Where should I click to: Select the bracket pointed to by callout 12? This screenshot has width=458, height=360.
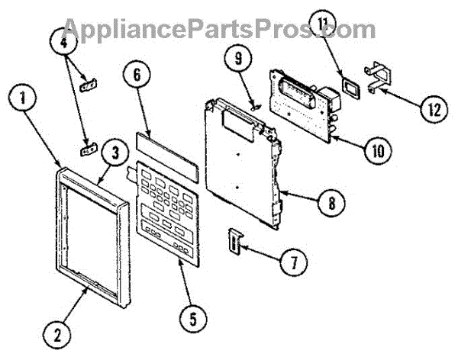point(379,79)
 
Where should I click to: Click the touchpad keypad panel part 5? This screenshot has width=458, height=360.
point(164,210)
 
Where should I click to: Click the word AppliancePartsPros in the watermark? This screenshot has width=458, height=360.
point(183,29)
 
